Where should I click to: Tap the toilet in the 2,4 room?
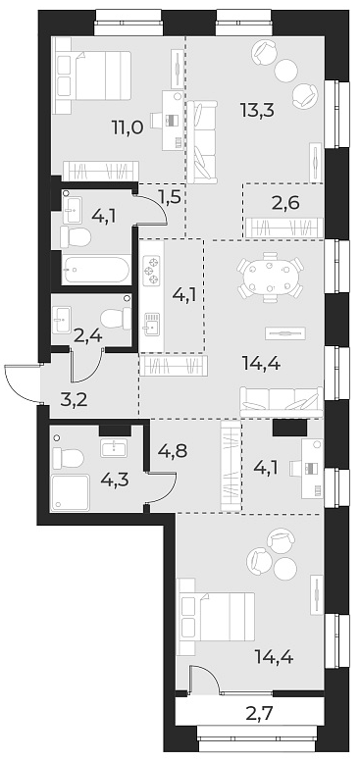point(117,319)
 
